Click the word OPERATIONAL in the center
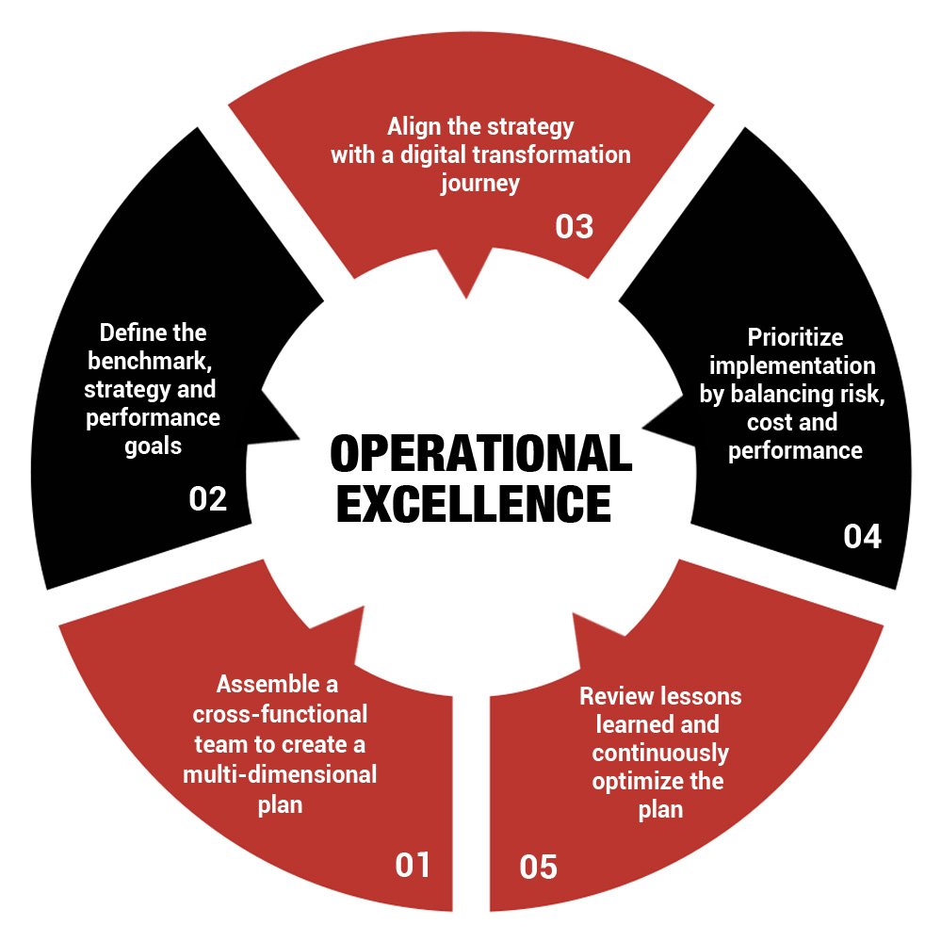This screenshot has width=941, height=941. (x=480, y=454)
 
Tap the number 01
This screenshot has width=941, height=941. (x=413, y=864)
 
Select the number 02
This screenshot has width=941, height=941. (x=208, y=498)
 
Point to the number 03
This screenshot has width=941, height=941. (x=574, y=226)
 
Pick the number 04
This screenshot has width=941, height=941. (x=862, y=536)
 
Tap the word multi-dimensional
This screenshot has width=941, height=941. (x=280, y=774)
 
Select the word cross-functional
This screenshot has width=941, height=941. (x=280, y=714)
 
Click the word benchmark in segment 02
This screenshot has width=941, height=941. (x=154, y=361)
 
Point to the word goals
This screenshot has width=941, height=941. (x=154, y=446)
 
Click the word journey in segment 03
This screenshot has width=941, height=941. (x=480, y=183)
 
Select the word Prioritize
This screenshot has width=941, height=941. (x=795, y=337)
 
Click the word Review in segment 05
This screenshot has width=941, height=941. (x=611, y=697)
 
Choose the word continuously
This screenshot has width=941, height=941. (x=660, y=754)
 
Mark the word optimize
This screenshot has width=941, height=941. (x=631, y=782)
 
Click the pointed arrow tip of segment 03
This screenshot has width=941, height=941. (x=466, y=296)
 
